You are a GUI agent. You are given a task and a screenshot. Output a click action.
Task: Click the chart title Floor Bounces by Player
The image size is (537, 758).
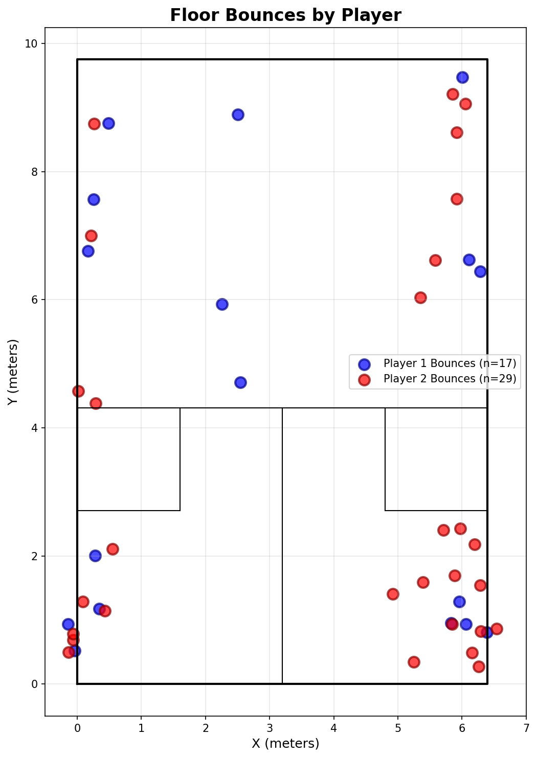(285, 15)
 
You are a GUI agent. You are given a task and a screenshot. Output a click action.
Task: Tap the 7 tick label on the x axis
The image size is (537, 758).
(526, 727)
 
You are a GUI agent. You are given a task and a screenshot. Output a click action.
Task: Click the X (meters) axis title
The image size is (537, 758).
(285, 743)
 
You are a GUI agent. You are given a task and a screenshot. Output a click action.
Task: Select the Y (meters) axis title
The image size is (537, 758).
(13, 372)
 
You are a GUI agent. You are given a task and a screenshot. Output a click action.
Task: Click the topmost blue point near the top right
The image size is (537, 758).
(462, 77)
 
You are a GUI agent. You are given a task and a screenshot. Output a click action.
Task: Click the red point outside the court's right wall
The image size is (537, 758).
(497, 629)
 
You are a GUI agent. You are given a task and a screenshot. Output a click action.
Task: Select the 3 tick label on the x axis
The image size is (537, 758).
(270, 727)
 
